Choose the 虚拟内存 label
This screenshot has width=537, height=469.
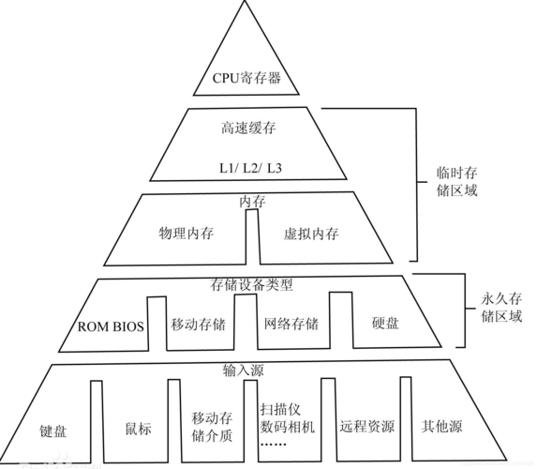click(x=311, y=233)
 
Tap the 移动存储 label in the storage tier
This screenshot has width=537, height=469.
click(x=199, y=324)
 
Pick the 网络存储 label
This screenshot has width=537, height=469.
click(x=291, y=324)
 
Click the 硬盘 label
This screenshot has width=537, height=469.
click(x=385, y=324)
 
